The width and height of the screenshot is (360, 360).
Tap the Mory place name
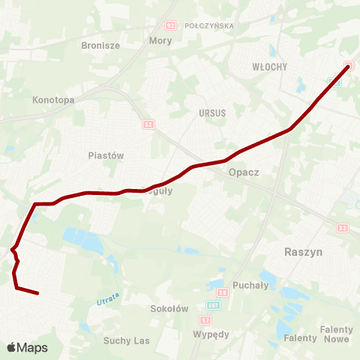pos(160,40)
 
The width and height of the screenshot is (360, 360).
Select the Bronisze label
pos(100,45)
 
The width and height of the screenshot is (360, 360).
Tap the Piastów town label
pos(106,155)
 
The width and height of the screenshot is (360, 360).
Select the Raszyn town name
pos(304,252)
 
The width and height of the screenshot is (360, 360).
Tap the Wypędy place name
pos(211,334)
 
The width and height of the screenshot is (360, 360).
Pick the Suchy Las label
pos(127,340)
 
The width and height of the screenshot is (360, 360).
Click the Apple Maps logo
pos(28,347)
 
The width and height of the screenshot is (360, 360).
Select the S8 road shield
pos(222,292)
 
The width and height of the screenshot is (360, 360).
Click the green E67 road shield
pos(212,307)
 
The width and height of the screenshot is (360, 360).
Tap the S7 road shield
pos(207,319)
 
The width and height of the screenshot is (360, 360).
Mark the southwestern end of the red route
pos(37,293)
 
